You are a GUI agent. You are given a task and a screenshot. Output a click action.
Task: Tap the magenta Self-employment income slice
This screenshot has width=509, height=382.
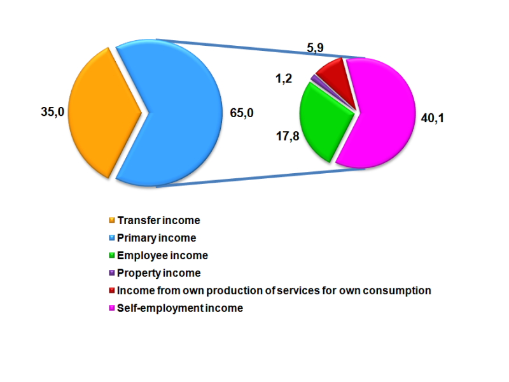pyautogui.click(x=379, y=115)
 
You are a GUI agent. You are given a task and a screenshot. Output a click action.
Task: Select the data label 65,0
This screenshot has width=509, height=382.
pyautogui.click(x=242, y=113)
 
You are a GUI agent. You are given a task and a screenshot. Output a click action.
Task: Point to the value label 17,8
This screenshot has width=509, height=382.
pyautogui.click(x=285, y=135)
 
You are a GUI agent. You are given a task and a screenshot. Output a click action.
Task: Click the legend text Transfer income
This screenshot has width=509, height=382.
pyautogui.click(x=158, y=220)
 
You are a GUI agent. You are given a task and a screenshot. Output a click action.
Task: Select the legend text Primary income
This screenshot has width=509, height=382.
pyautogui.click(x=157, y=238)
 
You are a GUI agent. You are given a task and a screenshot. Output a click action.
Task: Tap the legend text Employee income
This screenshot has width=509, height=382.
pyautogui.click(x=162, y=255)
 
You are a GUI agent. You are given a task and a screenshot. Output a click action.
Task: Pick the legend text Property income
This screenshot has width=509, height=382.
pyautogui.click(x=159, y=273)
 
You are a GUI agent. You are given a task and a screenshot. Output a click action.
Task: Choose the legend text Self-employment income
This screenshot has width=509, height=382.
pyautogui.click(x=180, y=308)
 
